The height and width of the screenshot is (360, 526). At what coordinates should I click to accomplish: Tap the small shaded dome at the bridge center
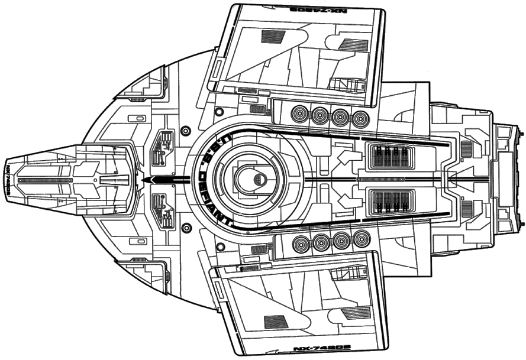pos(259,179)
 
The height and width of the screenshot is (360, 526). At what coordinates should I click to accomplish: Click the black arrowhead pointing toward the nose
pos(147,179)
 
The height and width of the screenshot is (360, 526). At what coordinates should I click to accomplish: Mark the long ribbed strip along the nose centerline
pos(44,179)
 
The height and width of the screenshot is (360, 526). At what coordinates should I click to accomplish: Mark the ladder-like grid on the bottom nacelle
pos(343,274)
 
